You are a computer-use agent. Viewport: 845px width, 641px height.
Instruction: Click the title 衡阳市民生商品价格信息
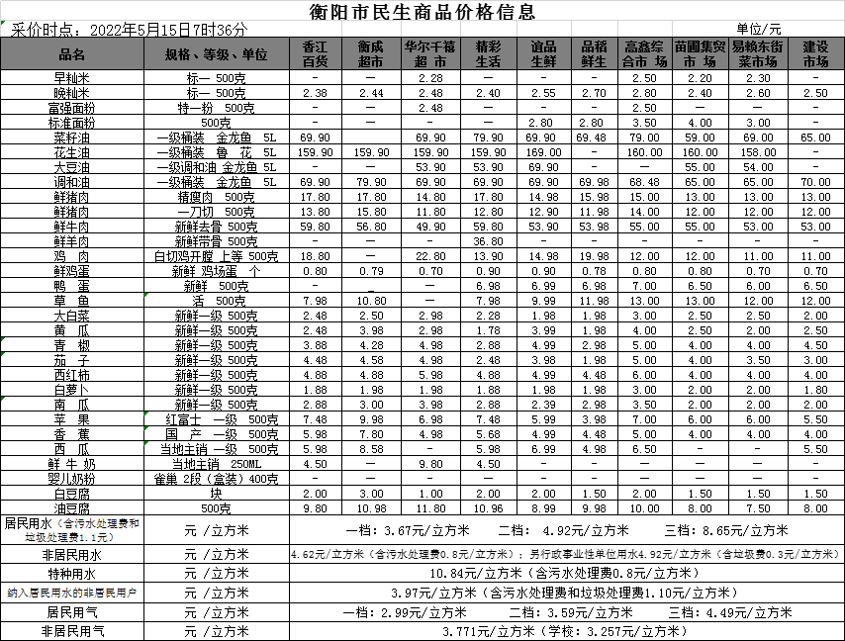click(422, 12)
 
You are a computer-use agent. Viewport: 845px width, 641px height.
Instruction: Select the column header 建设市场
click(815, 53)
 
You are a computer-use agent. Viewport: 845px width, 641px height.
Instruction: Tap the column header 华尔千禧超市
click(429, 53)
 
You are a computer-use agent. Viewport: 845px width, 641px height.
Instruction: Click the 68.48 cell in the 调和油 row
click(644, 182)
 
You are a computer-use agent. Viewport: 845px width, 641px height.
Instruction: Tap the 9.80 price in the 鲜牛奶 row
click(429, 464)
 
